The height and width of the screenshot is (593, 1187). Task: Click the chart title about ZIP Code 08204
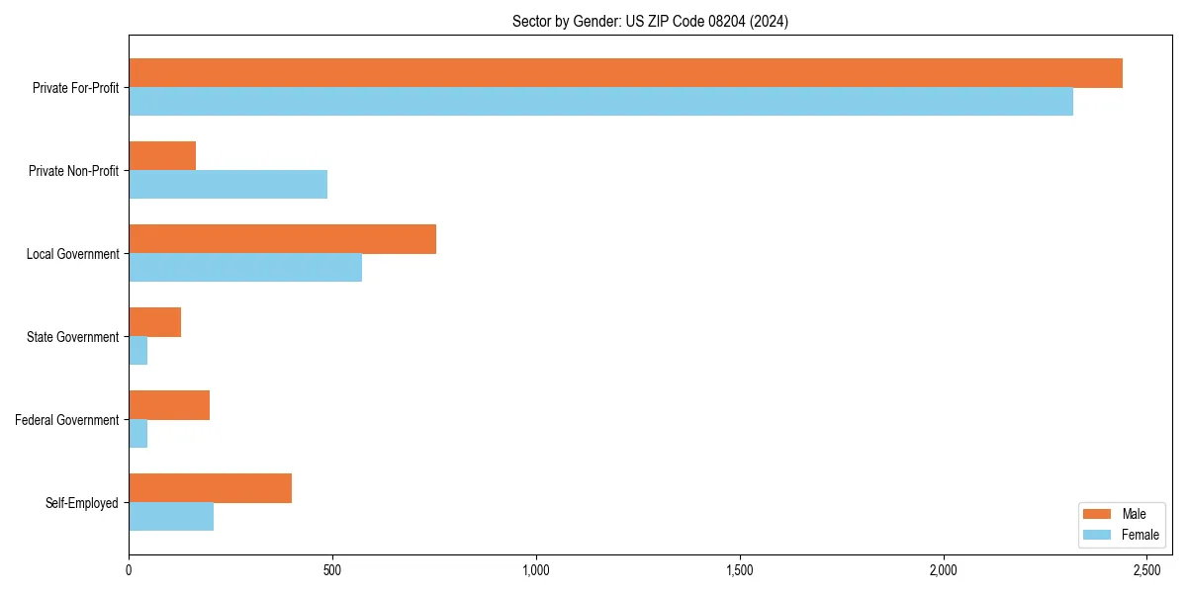650,21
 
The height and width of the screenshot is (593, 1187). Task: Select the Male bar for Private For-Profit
625,73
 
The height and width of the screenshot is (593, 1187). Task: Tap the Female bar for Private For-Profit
600,102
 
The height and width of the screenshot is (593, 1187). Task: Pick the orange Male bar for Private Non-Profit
162,156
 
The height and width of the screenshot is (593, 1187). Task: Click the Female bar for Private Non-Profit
228,185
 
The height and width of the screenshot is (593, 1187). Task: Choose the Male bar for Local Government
282,239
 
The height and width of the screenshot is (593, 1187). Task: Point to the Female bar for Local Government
245,268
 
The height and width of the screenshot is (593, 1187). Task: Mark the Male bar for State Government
154,322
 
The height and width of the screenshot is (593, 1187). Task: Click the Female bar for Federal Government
137,434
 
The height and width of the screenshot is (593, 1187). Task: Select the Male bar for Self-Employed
210,488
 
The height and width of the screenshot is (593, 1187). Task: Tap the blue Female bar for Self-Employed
171,517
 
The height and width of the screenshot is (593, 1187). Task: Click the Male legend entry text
1134,514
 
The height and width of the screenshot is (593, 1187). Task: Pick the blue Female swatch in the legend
1098,535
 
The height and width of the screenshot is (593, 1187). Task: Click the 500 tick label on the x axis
332,571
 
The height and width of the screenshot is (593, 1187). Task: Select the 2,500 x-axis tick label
1146,571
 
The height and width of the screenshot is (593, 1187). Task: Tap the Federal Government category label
67,420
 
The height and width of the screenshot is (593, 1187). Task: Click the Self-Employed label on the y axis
82,503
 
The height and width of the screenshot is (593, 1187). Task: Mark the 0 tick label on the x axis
129,571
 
